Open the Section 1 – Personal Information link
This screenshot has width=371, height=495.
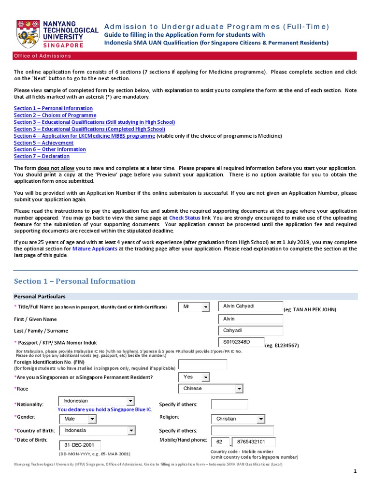tap(53, 108)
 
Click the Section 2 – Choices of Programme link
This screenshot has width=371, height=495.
tap(55, 115)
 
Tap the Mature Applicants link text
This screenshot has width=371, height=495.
tap(95, 248)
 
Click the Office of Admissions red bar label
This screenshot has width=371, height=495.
tap(43, 56)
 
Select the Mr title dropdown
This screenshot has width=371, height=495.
tap(194, 307)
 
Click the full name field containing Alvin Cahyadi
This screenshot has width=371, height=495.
tap(250, 306)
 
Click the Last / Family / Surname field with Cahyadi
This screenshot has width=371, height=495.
tap(250, 331)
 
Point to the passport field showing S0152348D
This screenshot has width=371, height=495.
tap(241, 342)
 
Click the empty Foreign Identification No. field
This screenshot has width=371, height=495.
tap(202, 364)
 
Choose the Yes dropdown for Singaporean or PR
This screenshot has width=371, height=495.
tap(194, 377)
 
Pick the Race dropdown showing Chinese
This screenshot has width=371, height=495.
tap(211, 389)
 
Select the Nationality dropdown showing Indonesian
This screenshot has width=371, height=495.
tap(96, 401)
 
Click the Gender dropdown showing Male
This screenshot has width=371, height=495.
tap(78, 419)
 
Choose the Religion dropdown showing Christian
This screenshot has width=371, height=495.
tap(238, 419)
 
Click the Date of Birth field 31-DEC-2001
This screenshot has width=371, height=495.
tap(80, 445)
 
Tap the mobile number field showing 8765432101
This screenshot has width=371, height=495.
tap(254, 442)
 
